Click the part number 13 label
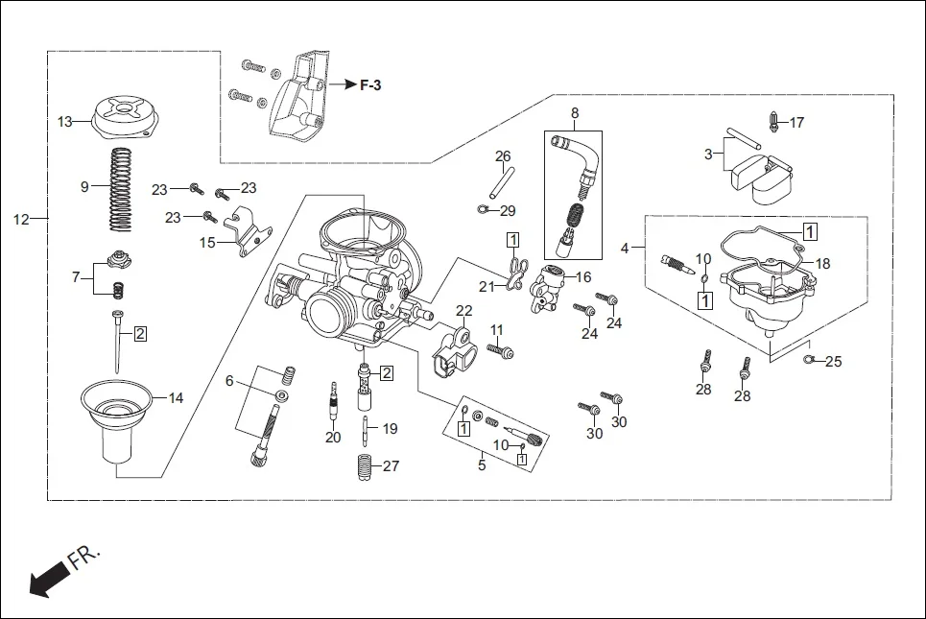click(x=64, y=122)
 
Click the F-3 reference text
click(x=370, y=85)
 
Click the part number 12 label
click(x=21, y=220)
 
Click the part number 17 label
click(x=797, y=123)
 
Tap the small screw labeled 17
click(x=773, y=121)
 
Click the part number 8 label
click(x=575, y=113)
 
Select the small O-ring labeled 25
click(x=808, y=360)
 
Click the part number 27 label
click(x=391, y=466)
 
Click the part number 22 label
click(x=464, y=311)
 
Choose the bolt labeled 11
click(x=501, y=351)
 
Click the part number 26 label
click(x=503, y=156)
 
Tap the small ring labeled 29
click(x=483, y=208)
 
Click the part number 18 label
click(x=822, y=263)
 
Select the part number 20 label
click(x=333, y=438)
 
